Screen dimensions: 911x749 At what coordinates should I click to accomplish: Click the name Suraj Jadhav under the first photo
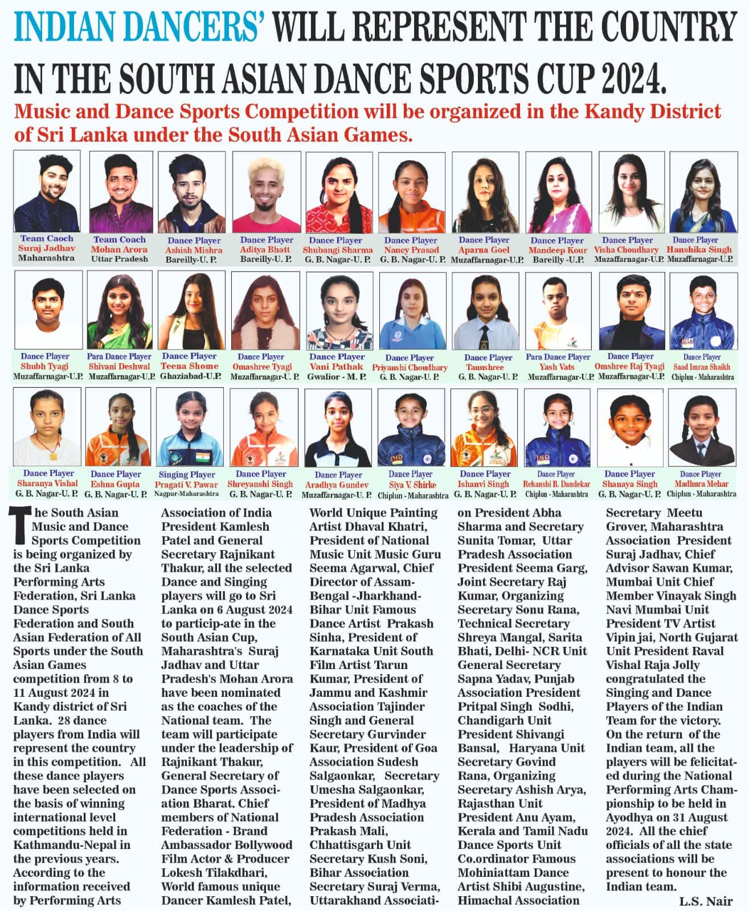click(47, 248)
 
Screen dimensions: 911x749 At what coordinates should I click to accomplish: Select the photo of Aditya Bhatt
click(267, 192)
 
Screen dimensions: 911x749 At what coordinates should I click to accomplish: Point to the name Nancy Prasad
click(412, 250)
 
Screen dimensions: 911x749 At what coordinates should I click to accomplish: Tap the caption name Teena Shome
click(190, 366)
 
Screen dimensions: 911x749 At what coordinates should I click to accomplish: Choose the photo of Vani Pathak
click(339, 310)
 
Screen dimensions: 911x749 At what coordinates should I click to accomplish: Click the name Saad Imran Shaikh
click(702, 367)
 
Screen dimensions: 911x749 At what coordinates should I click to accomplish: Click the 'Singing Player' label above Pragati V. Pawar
click(187, 474)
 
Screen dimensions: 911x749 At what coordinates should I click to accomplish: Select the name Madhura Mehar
click(701, 484)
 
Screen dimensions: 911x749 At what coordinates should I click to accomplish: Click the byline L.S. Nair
click(706, 901)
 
